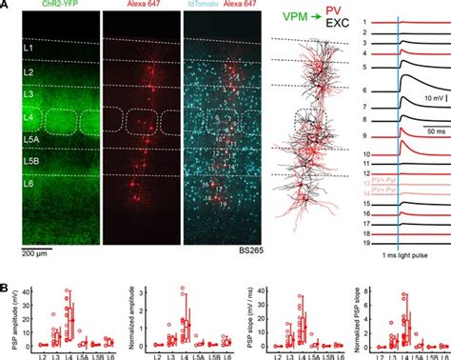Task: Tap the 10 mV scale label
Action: pyautogui.click(x=427, y=97)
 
